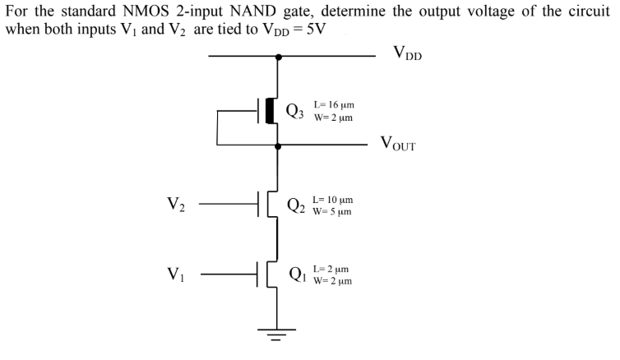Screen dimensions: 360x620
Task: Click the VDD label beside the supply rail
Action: (x=408, y=55)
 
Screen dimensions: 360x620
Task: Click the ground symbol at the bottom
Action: (x=279, y=334)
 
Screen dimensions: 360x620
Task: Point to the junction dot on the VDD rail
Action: (x=279, y=57)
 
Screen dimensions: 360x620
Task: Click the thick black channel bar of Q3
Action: (x=269, y=111)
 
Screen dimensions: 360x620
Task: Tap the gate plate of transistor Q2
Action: (x=260, y=204)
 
